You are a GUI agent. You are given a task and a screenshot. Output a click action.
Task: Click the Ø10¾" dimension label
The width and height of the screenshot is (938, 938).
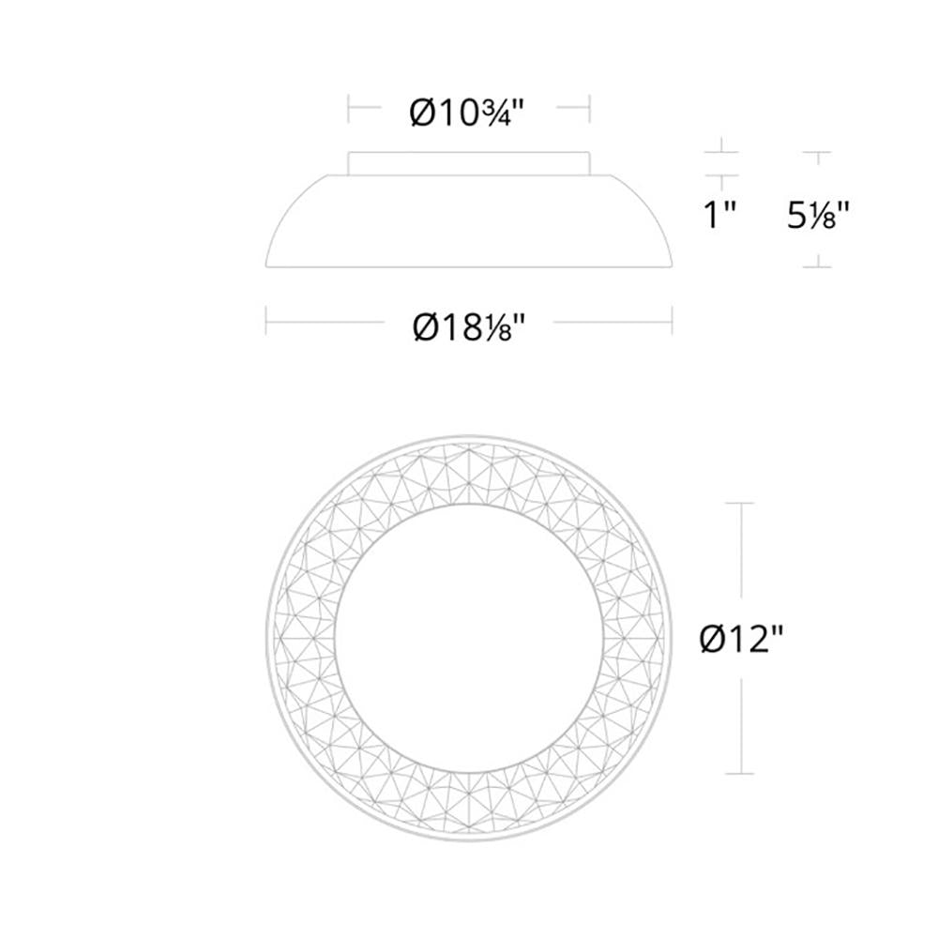(x=467, y=113)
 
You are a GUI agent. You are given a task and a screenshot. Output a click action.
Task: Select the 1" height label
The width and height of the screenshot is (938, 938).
(x=719, y=217)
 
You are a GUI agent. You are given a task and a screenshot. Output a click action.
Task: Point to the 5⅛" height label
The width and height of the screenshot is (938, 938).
(x=818, y=217)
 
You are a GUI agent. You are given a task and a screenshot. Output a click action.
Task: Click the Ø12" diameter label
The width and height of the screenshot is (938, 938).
(x=741, y=641)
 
